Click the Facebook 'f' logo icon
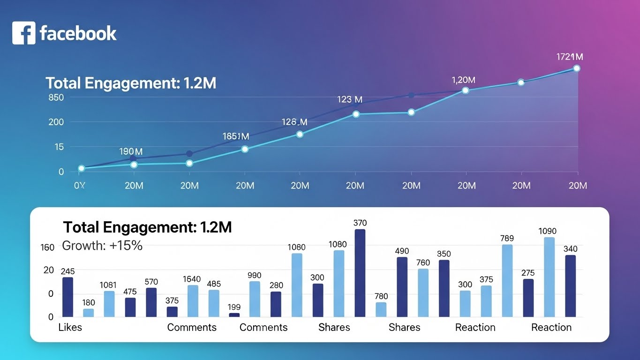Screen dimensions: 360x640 pyautogui.click(x=23, y=33)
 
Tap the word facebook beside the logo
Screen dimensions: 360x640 pyautogui.click(x=78, y=33)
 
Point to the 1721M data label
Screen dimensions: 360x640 pyautogui.click(x=570, y=57)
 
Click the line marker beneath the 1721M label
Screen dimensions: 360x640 pyautogui.click(x=577, y=68)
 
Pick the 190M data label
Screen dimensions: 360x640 pyautogui.click(x=131, y=151)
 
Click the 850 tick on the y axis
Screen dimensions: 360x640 pyautogui.click(x=56, y=97)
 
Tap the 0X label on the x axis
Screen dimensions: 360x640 pyautogui.click(x=80, y=186)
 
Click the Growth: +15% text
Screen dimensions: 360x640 pyautogui.click(x=102, y=246)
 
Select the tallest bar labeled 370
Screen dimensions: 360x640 pyautogui.click(x=360, y=273)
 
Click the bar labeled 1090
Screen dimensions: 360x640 pyautogui.click(x=549, y=277)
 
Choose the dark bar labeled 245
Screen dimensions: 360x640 pyautogui.click(x=68, y=297)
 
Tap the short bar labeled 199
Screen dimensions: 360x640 pyautogui.click(x=234, y=315)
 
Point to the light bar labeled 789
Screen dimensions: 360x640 pyautogui.click(x=507, y=280)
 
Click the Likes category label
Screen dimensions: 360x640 pyautogui.click(x=70, y=327)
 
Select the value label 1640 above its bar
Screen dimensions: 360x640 pyautogui.click(x=192, y=279)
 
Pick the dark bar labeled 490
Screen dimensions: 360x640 pyautogui.click(x=402, y=286)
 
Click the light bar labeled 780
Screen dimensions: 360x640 pyautogui.click(x=381, y=309)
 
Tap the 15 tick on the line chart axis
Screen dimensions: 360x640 pyautogui.click(x=59, y=147)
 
